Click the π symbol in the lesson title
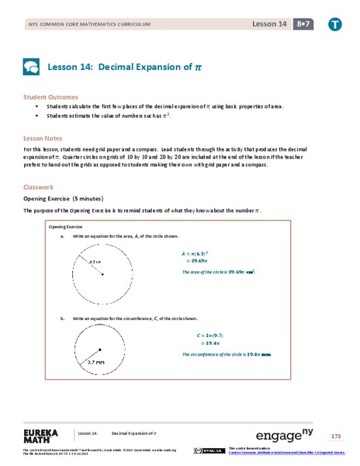coord(198,67)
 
